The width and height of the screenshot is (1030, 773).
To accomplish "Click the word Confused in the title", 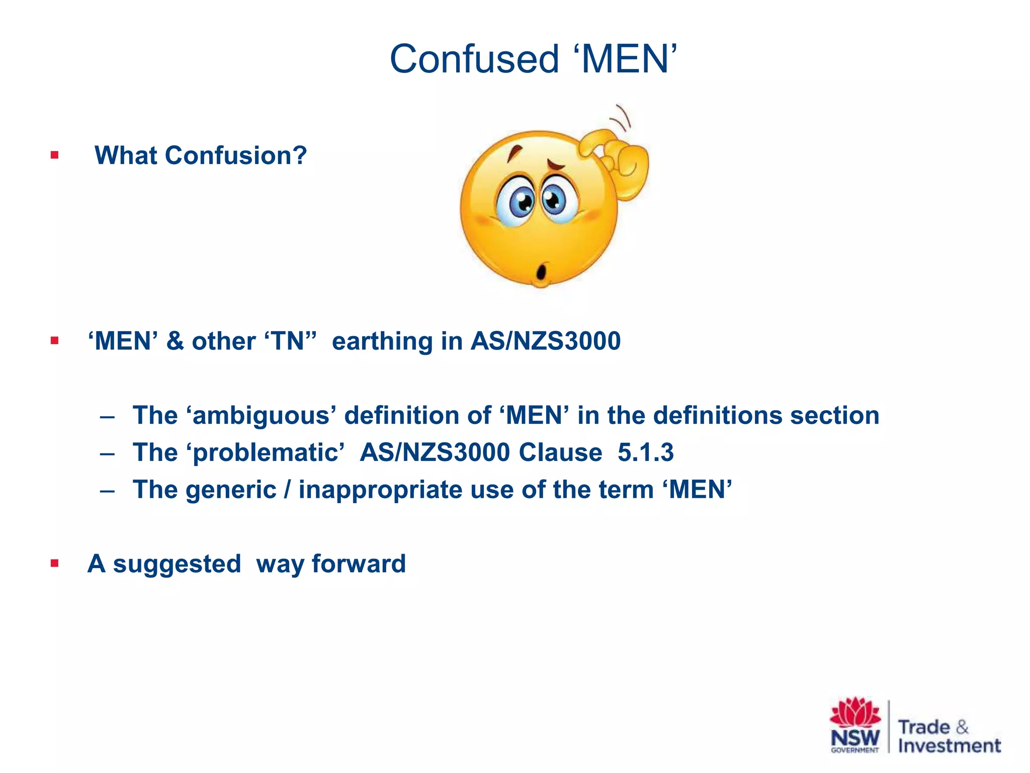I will pyautogui.click(x=474, y=59).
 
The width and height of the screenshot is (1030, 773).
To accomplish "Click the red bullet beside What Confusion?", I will pyautogui.click(x=54, y=155).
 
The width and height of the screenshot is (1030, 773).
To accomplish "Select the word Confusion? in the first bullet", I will pyautogui.click(x=236, y=155).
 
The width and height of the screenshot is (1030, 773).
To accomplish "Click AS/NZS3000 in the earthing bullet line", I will pyautogui.click(x=546, y=341).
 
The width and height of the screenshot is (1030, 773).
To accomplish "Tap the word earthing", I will pyautogui.click(x=382, y=341).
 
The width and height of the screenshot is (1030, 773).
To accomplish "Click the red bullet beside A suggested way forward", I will pyautogui.click(x=54, y=564).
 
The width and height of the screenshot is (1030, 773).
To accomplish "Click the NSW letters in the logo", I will pyautogui.click(x=855, y=738).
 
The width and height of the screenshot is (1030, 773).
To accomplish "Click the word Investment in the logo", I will pyautogui.click(x=950, y=746).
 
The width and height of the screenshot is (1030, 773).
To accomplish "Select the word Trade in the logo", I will pyautogui.click(x=924, y=727).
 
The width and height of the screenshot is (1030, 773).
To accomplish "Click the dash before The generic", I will pyautogui.click(x=107, y=490).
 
